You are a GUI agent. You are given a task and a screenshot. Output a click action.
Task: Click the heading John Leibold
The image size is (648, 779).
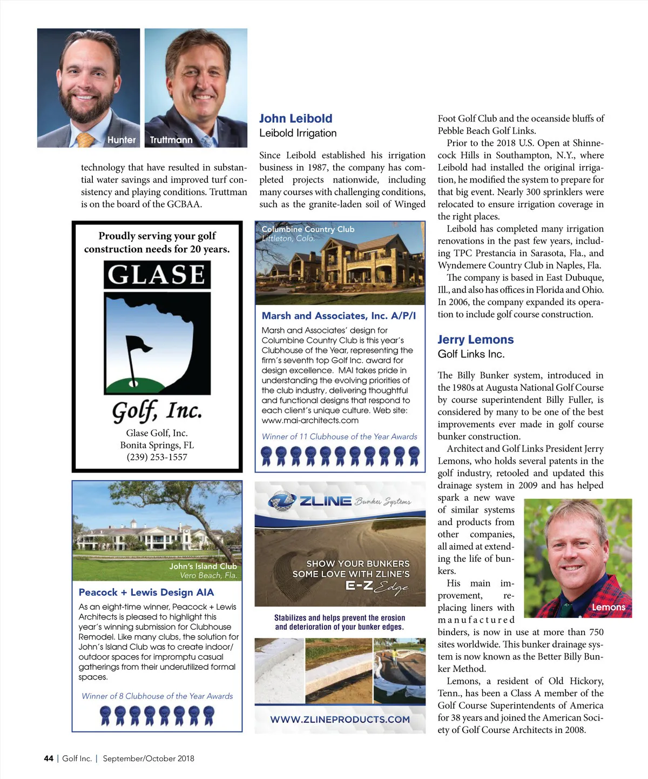point(295,118)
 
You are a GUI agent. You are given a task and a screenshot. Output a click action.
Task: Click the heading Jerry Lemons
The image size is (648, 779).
point(475,339)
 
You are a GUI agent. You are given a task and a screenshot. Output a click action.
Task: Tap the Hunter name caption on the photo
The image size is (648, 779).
point(122,139)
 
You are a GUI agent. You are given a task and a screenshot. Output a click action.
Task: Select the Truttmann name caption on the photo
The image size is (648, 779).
point(171,140)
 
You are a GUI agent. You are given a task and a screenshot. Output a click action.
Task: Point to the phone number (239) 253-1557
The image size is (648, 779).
point(157,457)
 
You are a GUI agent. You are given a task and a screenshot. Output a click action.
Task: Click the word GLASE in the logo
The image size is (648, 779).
point(157,275)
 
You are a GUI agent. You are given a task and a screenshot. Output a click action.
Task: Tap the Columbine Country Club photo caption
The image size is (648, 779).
point(308,229)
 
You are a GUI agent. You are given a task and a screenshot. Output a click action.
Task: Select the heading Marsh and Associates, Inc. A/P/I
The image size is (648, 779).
point(339,316)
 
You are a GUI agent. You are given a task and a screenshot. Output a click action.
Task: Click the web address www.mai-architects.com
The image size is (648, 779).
point(310,420)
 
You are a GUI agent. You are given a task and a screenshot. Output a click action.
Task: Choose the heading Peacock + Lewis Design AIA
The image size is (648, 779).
point(146,592)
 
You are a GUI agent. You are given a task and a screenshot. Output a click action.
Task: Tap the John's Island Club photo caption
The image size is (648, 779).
point(203,566)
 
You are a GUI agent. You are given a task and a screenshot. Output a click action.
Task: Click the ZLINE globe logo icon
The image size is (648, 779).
point(281,501)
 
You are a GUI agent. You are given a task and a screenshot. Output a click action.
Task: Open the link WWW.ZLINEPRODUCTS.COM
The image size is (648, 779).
point(340,720)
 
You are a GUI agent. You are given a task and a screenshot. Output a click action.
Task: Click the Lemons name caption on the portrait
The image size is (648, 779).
point(608,607)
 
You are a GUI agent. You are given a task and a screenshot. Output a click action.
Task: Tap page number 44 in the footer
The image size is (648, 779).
point(49,758)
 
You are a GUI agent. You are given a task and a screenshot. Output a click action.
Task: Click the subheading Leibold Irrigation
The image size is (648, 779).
point(298,133)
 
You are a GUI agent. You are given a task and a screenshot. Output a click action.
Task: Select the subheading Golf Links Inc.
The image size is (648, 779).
point(471,354)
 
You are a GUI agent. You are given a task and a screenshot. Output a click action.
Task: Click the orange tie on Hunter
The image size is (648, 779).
point(85,139)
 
